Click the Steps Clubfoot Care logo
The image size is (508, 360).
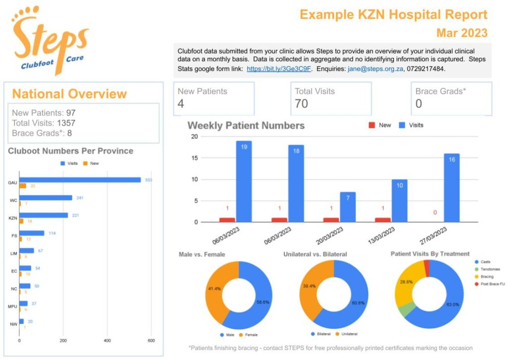click(50, 40)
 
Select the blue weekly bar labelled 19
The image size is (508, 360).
click(244, 181)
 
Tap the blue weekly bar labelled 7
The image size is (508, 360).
click(347, 207)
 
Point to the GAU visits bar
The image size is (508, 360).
click(80, 180)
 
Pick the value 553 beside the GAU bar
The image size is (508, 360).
click(148, 180)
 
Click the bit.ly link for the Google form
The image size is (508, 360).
click(279, 69)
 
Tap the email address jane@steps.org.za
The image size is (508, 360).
click(376, 69)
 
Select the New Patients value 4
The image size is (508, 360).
click(181, 104)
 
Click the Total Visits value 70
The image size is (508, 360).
click(301, 104)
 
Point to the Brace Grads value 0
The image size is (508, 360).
click(419, 104)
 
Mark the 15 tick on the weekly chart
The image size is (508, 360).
click(195, 158)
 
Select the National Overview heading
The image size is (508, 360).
click(69, 94)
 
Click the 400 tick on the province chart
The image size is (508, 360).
click(107, 341)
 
